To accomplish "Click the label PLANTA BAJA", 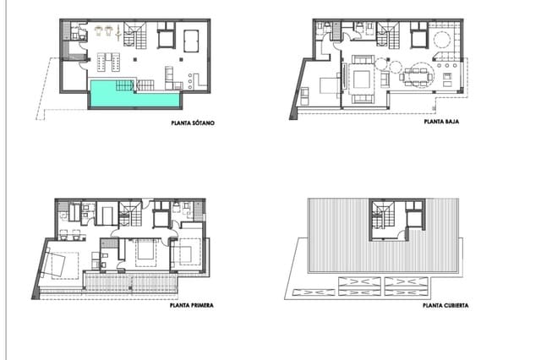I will [440, 123].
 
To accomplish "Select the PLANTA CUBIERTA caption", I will [445, 305].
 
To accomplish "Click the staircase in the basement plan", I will [135, 36].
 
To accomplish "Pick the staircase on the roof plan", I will [381, 217].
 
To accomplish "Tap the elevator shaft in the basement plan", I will [162, 39].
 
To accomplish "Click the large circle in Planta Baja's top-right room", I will [440, 41].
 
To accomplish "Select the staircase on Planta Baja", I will [391, 37].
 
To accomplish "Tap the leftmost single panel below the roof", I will [309, 292].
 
